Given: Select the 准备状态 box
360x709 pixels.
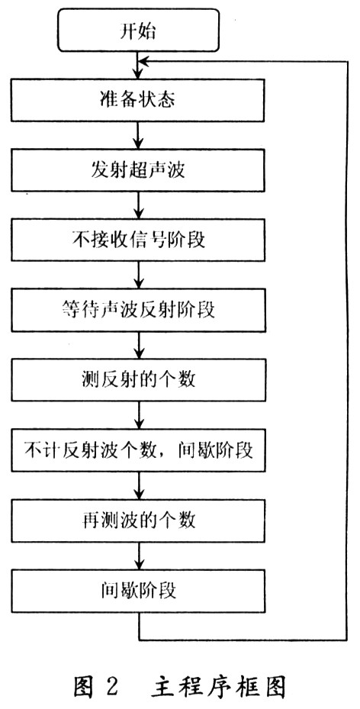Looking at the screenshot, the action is point(138,101).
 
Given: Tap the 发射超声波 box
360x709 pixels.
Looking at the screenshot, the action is point(138,170).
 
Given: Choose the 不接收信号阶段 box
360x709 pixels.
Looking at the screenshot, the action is point(138,240).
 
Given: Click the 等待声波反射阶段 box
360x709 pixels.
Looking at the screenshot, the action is point(138,310).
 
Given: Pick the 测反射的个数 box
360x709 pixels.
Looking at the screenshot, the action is point(138,380).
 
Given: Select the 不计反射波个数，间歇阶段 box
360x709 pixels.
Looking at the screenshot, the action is point(138,450).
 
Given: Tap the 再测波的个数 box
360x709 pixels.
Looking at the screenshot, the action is point(138,520).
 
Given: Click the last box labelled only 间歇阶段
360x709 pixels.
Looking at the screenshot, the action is point(138,591).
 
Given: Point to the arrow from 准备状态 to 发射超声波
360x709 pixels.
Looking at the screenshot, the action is point(139,135).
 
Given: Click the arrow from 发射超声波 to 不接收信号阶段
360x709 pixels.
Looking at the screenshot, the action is point(139,205).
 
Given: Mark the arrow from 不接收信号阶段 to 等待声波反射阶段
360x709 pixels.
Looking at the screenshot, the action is point(139,275).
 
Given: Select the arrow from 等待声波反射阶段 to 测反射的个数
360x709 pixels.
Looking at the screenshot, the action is point(139,346).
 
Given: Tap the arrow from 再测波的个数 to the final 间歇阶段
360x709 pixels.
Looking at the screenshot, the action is point(139,556).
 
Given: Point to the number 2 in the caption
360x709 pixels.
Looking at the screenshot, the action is point(111,688).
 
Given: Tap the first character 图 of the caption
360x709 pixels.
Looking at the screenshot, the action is point(84,688).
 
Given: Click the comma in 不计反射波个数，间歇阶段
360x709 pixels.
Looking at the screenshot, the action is point(168,455).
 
